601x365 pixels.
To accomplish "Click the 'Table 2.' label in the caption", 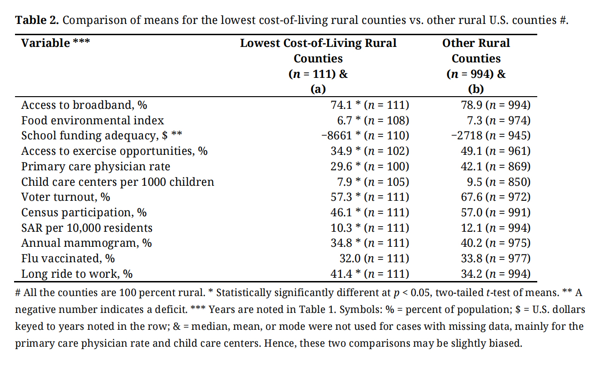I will point(38,21).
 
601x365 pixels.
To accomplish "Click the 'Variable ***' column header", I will point(55,43).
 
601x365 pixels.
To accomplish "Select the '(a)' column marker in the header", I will point(318,89).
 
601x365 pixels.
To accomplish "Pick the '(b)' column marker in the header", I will point(476,89).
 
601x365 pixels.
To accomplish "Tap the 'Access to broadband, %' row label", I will point(84,105).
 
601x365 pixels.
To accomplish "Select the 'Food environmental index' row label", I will point(92,121).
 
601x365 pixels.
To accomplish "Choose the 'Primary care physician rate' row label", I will point(96,167).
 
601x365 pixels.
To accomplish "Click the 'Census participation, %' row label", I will point(84,213).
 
